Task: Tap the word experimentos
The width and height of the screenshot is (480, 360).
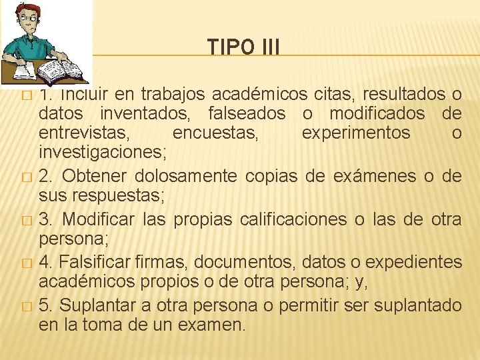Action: point(356,133)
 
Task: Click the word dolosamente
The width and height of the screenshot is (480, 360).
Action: point(185,176)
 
